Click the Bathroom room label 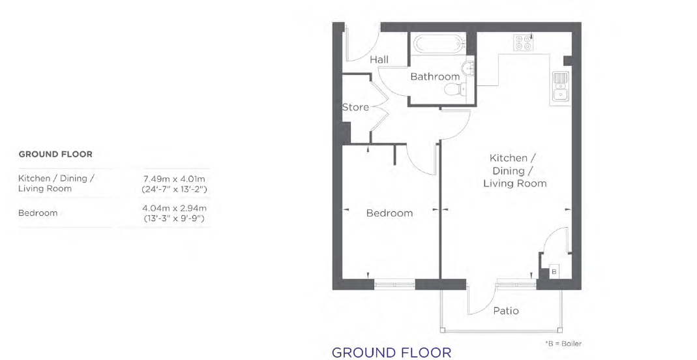click(434, 76)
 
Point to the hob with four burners click(523, 42)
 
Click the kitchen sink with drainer click(559, 89)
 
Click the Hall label click(379, 59)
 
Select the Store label click(355, 107)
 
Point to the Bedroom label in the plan click(389, 213)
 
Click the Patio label click(506, 310)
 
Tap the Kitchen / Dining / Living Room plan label click(514, 170)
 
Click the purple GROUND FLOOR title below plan click(392, 352)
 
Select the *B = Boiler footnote click(563, 343)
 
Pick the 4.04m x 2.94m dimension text click(175, 208)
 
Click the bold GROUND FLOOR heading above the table click(55, 154)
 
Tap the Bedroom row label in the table click(38, 213)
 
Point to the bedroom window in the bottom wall click(394, 284)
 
